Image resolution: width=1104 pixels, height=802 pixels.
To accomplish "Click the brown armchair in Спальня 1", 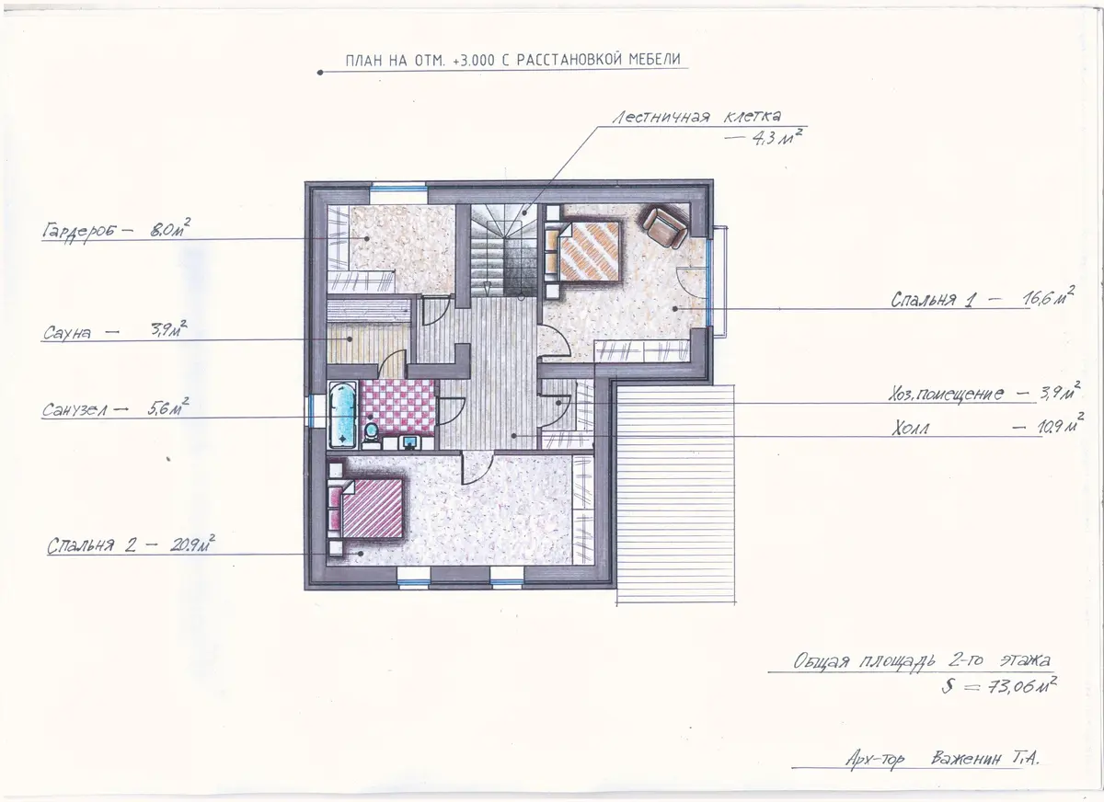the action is (x=665, y=226).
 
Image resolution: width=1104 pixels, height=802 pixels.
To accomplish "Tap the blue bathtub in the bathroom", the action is (x=342, y=415).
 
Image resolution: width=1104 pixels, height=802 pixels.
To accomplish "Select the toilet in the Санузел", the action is (x=371, y=432).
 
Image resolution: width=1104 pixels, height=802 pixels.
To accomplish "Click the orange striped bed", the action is (x=583, y=251).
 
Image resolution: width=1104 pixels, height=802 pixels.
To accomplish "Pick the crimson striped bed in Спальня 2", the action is (x=367, y=509).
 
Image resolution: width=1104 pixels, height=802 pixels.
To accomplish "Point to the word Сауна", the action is (x=67, y=333).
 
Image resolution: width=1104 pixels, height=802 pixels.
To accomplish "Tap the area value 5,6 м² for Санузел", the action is (x=168, y=407).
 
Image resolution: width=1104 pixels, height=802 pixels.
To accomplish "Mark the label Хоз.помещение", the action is (x=947, y=395).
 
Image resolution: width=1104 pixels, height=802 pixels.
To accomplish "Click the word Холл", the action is (x=910, y=429).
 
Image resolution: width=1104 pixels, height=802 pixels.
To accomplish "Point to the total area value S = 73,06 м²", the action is (x=999, y=685).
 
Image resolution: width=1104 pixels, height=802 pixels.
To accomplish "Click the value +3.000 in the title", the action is (x=473, y=60).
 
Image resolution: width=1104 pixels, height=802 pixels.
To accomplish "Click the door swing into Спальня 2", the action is (x=477, y=468).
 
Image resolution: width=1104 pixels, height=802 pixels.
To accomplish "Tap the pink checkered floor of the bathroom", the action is (x=398, y=407).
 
